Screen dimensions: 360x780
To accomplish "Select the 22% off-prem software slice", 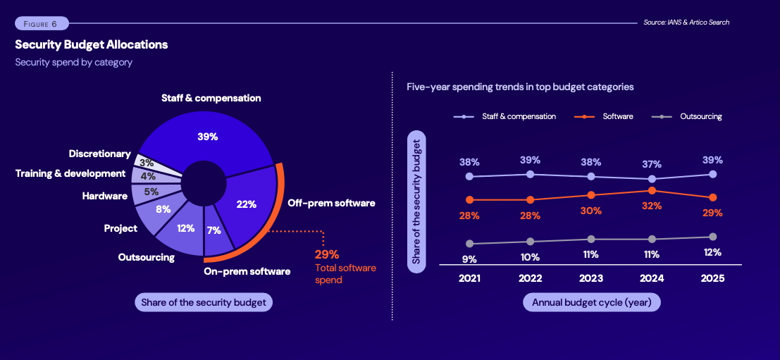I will [247, 204].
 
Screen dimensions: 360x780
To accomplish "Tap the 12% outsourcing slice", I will [185, 229].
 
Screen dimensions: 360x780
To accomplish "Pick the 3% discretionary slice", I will [149, 162].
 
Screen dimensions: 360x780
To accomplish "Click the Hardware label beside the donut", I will [104, 196].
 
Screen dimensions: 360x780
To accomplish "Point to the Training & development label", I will [70, 173].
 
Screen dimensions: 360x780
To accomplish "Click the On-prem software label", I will [247, 271].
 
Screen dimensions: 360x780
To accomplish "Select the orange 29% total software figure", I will [327, 254].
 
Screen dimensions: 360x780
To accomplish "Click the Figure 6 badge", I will [42, 24].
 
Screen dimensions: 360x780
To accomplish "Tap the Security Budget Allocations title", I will [92, 44].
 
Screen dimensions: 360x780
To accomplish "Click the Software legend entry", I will [617, 116].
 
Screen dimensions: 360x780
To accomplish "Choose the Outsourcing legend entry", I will [700, 116].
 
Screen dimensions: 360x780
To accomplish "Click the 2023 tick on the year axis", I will [590, 278].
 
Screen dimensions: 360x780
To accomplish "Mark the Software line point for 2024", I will [652, 190].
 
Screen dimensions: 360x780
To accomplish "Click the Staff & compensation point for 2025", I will [712, 174].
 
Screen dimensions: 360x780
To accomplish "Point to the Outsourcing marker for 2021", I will [469, 244].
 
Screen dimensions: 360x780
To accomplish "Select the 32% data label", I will [651, 206].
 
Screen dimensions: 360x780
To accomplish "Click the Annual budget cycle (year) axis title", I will [592, 302].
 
